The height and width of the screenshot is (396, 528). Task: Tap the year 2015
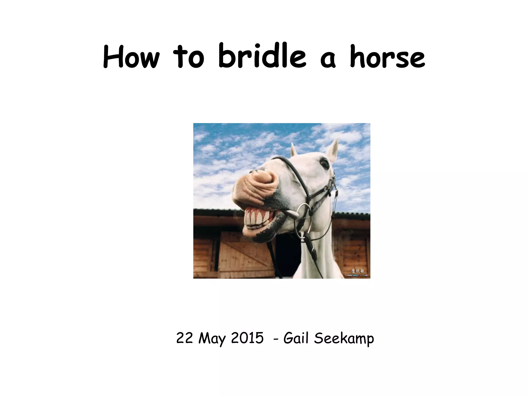pyautogui.click(x=247, y=338)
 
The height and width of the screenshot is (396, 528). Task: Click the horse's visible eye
pyautogui.click(x=324, y=163)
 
